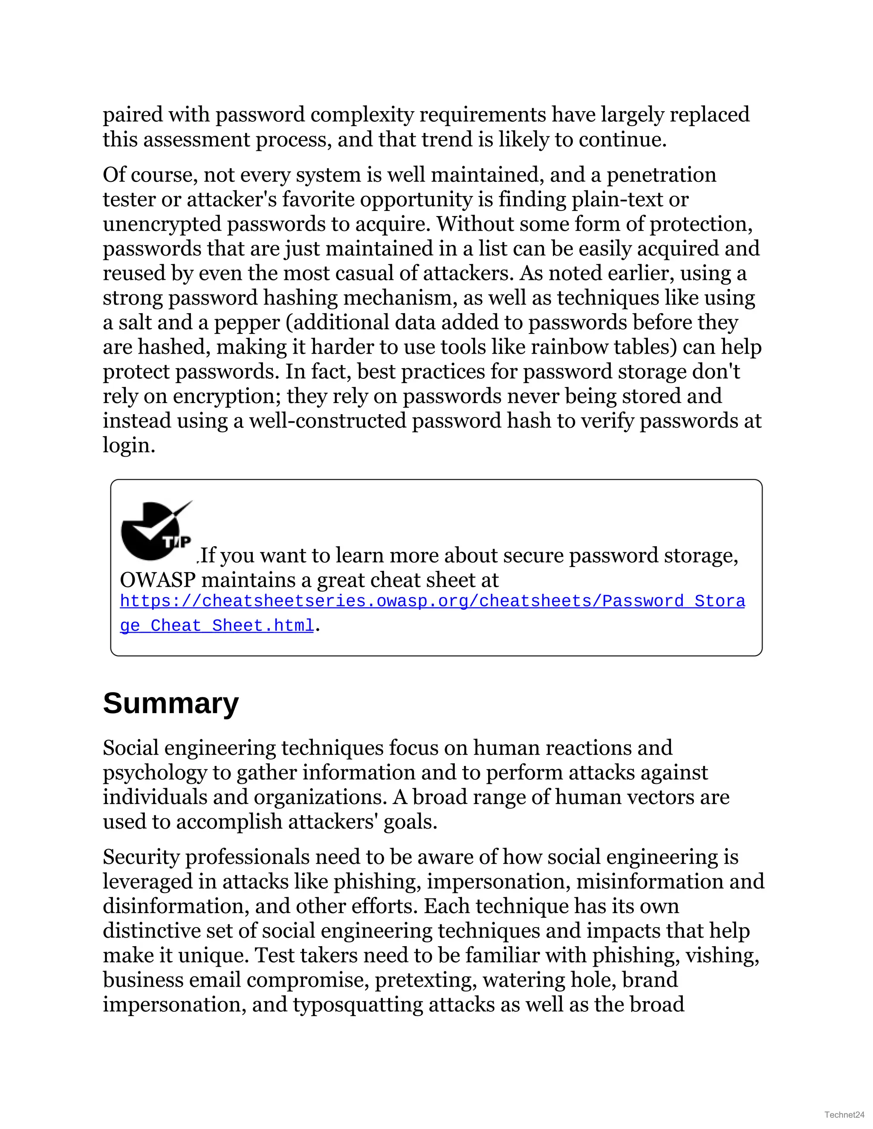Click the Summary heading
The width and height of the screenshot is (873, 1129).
(x=171, y=703)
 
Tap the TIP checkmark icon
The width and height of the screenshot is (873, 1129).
(x=156, y=531)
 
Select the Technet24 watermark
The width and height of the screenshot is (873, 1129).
(x=844, y=1115)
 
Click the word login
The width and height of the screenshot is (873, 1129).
(x=128, y=445)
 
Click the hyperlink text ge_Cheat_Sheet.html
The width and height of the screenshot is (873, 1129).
(x=217, y=625)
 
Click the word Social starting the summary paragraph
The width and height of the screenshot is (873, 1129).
(x=131, y=748)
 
